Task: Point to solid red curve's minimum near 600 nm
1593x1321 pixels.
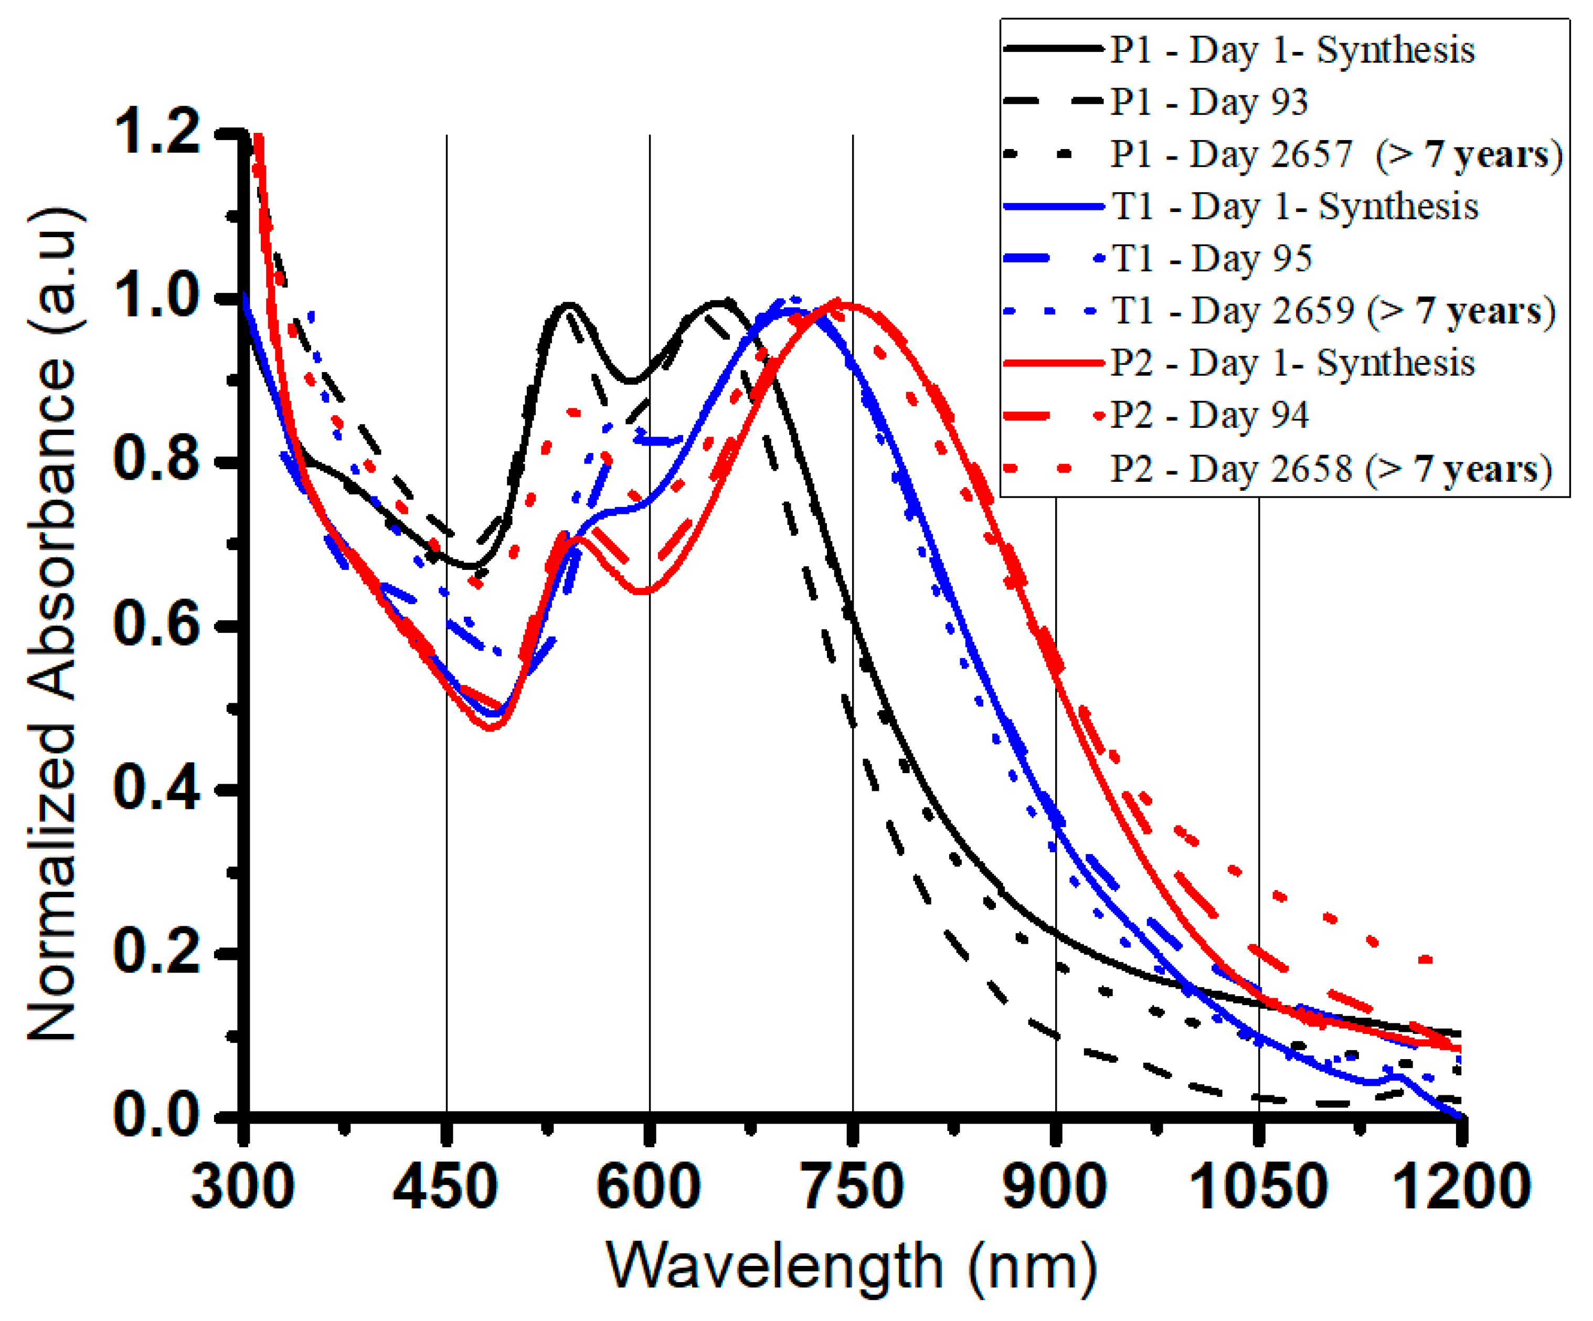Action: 643,591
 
